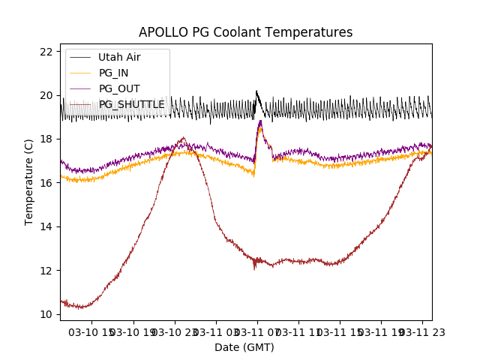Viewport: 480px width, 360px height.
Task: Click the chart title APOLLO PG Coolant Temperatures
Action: click(245, 33)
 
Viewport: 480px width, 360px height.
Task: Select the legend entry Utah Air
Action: click(119, 57)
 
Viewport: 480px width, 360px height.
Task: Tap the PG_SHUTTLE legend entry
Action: click(132, 104)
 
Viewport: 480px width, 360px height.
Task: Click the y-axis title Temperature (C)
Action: click(30, 182)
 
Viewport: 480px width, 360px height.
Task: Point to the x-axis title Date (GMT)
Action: click(244, 347)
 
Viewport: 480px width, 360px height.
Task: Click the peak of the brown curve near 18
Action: click(183, 137)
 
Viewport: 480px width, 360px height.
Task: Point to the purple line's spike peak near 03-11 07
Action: click(260, 121)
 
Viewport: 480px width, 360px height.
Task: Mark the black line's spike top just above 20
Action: click(256, 91)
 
